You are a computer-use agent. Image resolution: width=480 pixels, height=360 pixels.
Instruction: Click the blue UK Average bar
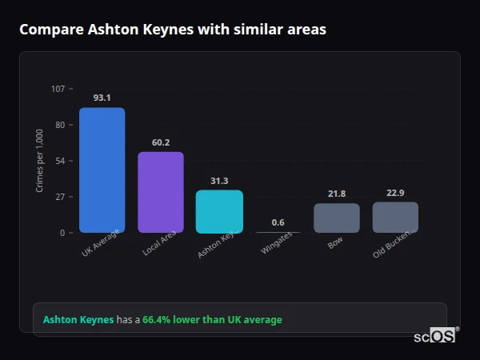pos(102,170)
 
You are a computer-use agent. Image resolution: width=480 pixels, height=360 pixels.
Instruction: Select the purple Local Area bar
pos(160,192)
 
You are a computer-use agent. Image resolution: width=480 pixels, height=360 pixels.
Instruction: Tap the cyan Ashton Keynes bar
pos(219,210)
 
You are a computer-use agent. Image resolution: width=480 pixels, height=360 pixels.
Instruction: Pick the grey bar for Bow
pos(336,218)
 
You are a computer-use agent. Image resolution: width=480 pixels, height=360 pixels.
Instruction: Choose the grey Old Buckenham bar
pos(395,217)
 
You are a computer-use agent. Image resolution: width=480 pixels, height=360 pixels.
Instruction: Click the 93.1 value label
pos(102,98)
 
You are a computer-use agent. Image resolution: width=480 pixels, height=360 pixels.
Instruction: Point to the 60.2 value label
pos(161,142)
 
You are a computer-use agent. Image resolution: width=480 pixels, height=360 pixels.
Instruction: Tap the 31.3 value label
pos(219,181)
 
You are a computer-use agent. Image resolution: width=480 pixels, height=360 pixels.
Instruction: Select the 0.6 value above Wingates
pos(278,222)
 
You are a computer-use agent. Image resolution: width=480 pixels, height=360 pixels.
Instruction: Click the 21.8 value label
pos(337,194)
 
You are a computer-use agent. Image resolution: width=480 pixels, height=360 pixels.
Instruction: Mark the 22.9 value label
pos(395,193)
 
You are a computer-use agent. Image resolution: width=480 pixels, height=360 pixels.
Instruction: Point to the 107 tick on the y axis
pos(58,89)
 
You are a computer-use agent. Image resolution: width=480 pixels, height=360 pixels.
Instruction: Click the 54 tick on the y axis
pos(60,161)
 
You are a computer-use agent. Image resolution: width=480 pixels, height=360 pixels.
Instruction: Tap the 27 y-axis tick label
pos(60,197)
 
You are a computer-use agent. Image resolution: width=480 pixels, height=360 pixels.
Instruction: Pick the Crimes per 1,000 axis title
pos(40,160)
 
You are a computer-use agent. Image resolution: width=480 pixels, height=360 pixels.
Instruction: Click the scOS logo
pos(435,336)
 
